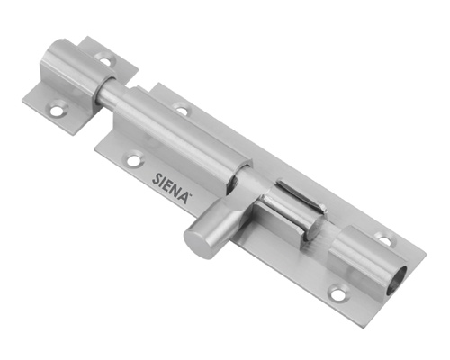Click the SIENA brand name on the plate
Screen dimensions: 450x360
(171, 188)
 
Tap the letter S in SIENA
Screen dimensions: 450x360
(157, 179)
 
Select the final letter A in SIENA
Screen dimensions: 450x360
(184, 197)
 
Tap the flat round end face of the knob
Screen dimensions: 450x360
(195, 242)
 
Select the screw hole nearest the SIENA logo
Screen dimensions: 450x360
(134, 158)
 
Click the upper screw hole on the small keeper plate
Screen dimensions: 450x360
(105, 58)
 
